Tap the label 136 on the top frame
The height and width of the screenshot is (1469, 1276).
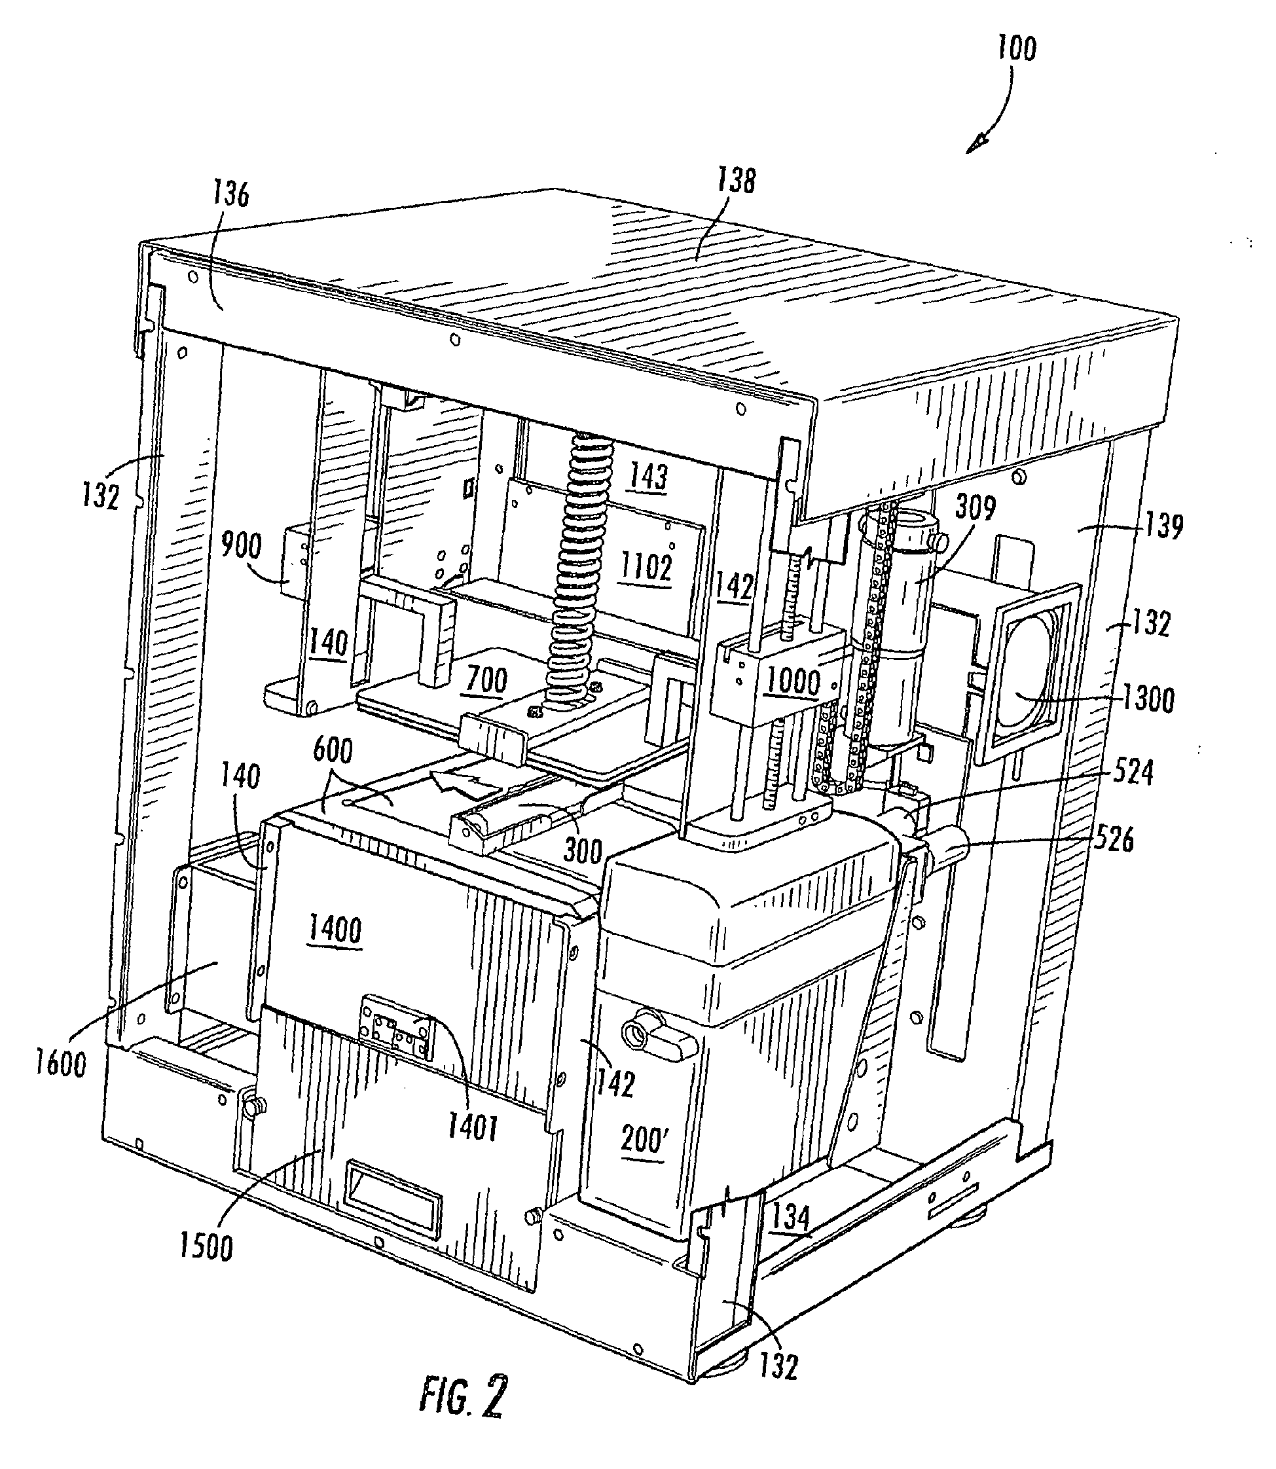pos(231,193)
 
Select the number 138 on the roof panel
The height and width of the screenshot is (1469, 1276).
pos(736,180)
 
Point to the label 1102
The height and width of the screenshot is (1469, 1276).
pos(646,568)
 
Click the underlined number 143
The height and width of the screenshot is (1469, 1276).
pos(649,476)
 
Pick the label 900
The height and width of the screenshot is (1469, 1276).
pos(242,546)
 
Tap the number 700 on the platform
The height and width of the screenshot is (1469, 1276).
pos(486,680)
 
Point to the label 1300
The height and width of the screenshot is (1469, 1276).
pos(1148,698)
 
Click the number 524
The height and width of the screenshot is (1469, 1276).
pos(1132,771)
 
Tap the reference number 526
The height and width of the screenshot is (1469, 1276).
pos(1113,841)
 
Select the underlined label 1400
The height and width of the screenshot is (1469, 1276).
pos(335,930)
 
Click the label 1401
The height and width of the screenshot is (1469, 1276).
pos(472,1127)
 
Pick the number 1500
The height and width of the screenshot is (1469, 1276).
pos(206,1247)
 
